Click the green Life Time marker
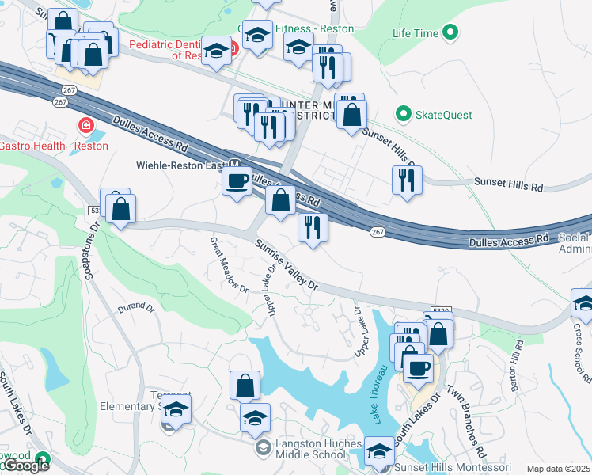pyautogui.click(x=450, y=33)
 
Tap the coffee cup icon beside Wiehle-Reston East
pyautogui.click(x=237, y=181)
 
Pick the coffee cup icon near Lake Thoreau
pyautogui.click(x=418, y=367)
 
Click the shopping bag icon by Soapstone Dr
pyautogui.click(x=120, y=210)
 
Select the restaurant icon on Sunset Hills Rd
pyautogui.click(x=406, y=180)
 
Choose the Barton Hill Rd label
pyautogui.click(x=518, y=363)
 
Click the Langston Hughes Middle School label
pyautogui.click(x=310, y=449)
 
